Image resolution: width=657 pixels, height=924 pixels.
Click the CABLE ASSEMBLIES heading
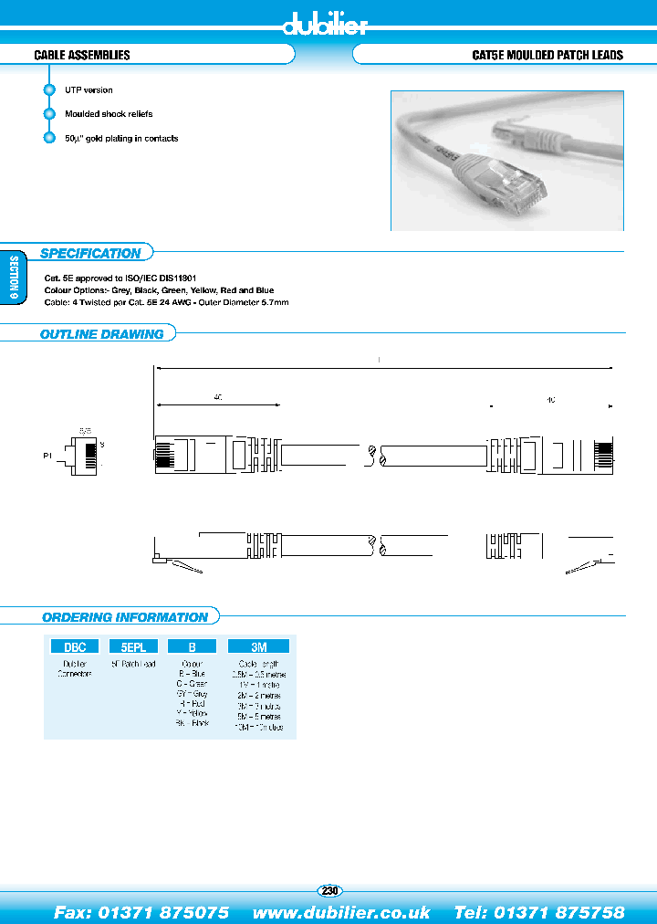(x=82, y=56)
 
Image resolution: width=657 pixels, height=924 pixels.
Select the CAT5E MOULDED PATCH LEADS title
(x=547, y=56)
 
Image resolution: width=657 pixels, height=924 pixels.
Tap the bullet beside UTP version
(x=49, y=90)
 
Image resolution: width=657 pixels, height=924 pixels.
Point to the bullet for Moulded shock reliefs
(x=49, y=114)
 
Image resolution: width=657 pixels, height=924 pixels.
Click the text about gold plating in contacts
(x=121, y=139)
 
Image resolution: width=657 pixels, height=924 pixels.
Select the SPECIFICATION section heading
(x=90, y=254)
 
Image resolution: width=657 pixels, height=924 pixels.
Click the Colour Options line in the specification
(x=158, y=289)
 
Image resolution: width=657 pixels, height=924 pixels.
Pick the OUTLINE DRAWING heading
(x=101, y=334)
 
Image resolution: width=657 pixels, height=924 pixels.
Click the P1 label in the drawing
(x=47, y=454)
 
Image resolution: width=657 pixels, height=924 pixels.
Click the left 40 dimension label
(x=218, y=398)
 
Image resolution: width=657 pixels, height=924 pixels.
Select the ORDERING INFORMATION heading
(x=125, y=617)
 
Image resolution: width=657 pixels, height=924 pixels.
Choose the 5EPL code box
(x=133, y=646)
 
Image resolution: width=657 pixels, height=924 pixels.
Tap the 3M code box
(x=260, y=646)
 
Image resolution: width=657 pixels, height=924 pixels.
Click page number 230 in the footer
(x=329, y=890)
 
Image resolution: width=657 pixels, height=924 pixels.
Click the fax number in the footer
(x=141, y=912)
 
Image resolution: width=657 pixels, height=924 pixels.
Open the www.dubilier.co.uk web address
(x=341, y=912)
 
